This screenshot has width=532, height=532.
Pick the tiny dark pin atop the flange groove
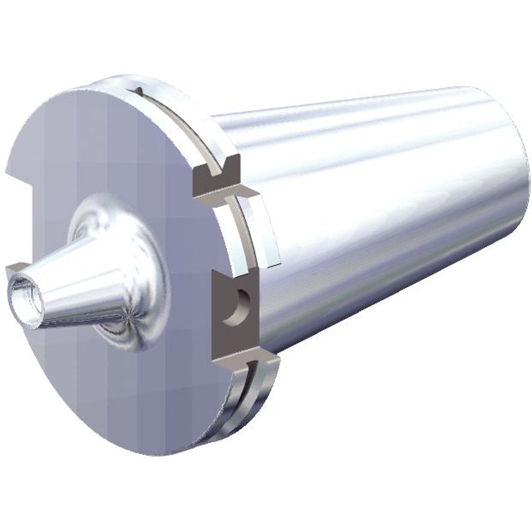(x=138, y=92)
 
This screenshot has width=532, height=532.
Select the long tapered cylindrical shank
(x=386, y=206)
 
